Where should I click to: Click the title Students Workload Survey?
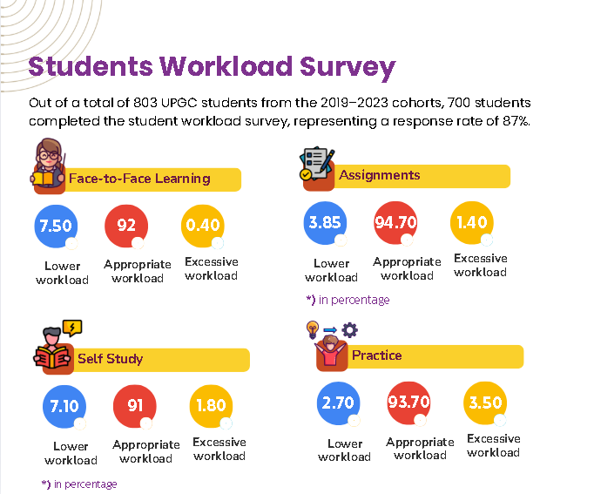point(212,67)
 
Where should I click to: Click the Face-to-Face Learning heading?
point(139,179)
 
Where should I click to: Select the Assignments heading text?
point(380,175)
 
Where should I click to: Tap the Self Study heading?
point(110,359)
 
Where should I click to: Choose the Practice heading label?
point(376,355)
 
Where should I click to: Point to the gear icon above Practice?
point(349,329)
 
